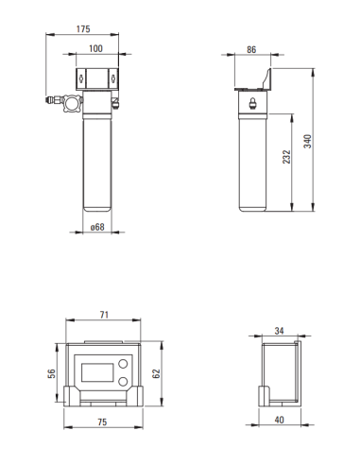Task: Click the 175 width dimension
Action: [83, 29]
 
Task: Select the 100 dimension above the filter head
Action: [96, 48]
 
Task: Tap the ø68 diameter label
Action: [96, 227]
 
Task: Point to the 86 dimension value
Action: [251, 48]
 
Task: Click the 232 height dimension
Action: [286, 157]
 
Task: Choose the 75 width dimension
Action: [103, 423]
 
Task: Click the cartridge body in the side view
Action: [252, 161]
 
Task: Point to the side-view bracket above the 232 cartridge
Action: [252, 81]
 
